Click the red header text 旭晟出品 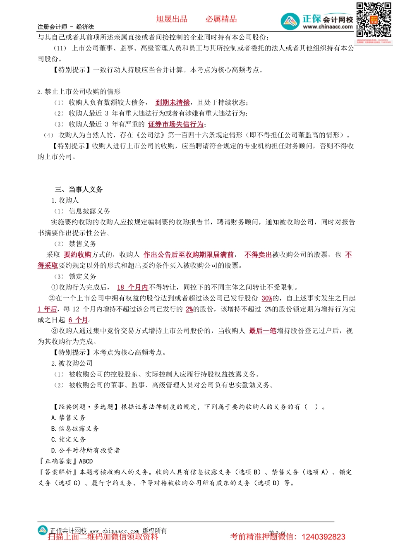172,19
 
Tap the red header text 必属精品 221,19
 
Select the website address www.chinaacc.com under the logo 328,27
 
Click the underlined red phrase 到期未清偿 173,103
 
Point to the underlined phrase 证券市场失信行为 176,124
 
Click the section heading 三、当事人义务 79,189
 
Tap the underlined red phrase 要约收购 77,255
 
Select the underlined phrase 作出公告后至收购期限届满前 189,255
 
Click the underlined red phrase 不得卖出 258,255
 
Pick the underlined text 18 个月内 132,287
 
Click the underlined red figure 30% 267,298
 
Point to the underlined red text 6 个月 78,320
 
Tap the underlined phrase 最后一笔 263,331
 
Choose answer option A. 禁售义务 68,418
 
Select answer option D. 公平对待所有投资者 86,450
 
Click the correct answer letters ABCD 86,461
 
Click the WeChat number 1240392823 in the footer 324,537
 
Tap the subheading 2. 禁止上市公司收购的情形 79,92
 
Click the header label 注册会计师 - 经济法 66,27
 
